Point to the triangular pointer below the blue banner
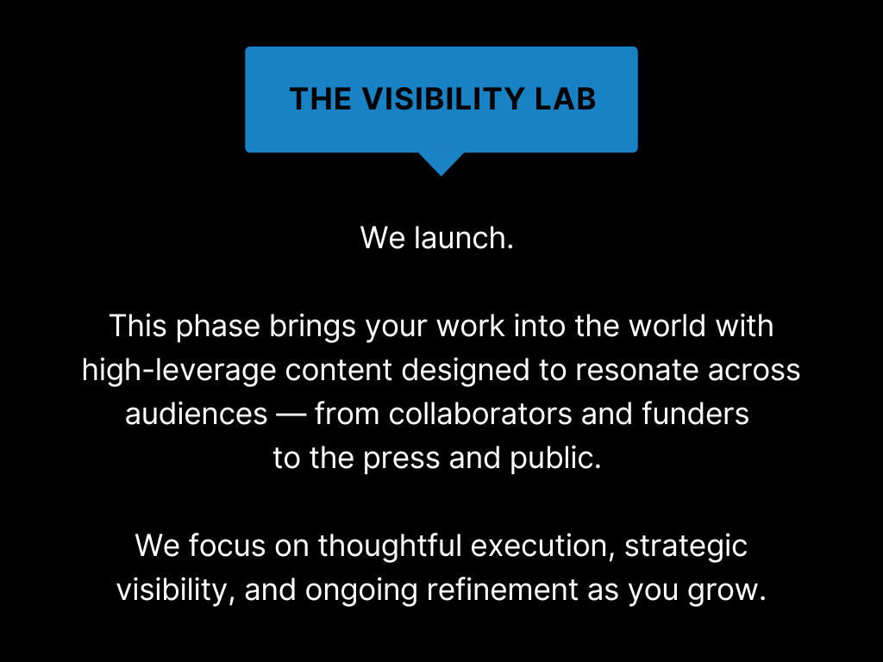click(441, 164)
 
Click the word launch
click(463, 238)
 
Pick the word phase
click(218, 327)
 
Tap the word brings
click(312, 327)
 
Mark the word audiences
click(196, 415)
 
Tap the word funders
click(696, 415)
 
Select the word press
click(401, 459)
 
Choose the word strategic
click(686, 546)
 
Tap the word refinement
click(503, 590)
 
